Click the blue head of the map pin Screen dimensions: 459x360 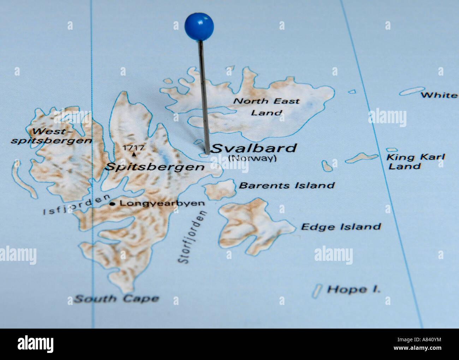point(199,26)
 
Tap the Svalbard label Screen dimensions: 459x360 point(254,148)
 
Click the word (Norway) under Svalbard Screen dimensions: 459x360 point(252,158)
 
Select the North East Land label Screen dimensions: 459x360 point(267,107)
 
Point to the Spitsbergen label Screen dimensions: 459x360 point(155,167)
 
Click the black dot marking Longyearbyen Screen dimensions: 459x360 point(112,204)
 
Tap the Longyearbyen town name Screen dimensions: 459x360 point(162,203)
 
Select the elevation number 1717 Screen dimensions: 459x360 point(133,148)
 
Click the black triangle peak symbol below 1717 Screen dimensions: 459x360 point(134,154)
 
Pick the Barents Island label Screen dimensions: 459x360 point(287,185)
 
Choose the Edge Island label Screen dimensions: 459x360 point(341,227)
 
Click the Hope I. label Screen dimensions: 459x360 point(354,290)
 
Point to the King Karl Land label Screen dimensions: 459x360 point(415,162)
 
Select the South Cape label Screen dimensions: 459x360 point(117,299)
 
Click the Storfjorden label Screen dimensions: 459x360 point(192,237)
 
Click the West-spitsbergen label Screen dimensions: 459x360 point(52,136)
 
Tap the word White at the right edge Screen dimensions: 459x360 point(439,95)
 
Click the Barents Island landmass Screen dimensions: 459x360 point(220,190)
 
